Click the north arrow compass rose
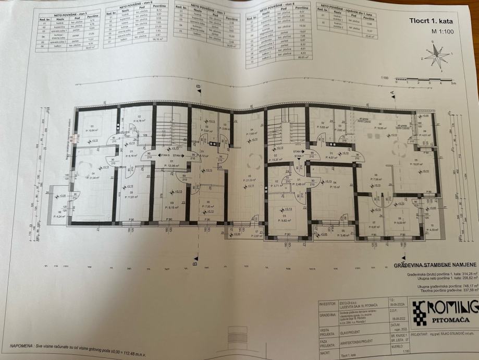click(x=437, y=56)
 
